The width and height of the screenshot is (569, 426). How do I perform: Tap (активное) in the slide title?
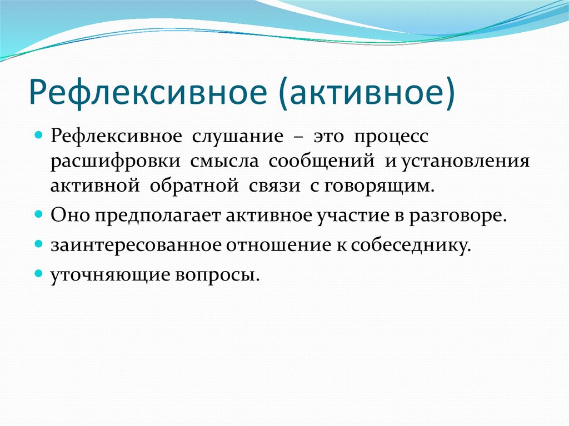[x=367, y=93]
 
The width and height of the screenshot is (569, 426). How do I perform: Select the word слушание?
[x=237, y=137]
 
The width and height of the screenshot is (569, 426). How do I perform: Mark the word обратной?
[x=194, y=186]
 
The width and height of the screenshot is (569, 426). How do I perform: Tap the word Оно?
[x=70, y=215]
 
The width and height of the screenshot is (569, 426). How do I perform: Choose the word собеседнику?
[x=411, y=245]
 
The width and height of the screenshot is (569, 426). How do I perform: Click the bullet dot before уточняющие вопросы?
[x=39, y=273]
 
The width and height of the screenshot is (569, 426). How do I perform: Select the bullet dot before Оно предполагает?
[x=39, y=214]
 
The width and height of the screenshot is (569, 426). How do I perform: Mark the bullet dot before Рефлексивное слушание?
[x=39, y=136]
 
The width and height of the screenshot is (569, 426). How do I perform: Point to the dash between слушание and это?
[x=298, y=138]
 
